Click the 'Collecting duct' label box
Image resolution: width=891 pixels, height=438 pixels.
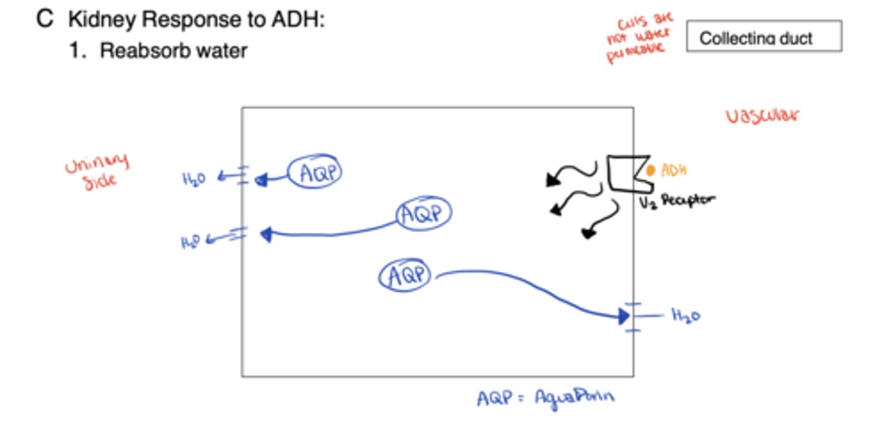pos(764,36)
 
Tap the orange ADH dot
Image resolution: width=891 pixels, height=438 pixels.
pos(650,170)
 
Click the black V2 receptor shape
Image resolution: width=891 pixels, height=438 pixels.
pos(627,173)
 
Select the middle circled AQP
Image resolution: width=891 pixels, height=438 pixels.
pos(424,214)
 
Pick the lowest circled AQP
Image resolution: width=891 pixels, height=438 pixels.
pos(405,275)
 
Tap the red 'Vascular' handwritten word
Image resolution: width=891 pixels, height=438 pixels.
pos(762,116)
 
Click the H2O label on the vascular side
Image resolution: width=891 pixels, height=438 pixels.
pos(686,316)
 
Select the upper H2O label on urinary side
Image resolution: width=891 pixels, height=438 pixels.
pos(194,179)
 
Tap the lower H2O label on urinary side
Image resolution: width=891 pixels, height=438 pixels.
pos(192,241)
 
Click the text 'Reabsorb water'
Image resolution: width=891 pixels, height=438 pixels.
pos(174,50)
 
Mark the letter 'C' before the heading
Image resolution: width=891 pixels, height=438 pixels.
pos(45,19)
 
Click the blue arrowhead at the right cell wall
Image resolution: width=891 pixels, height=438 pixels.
pos(624,317)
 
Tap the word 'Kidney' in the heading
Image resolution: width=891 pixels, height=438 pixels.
pos(101,20)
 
